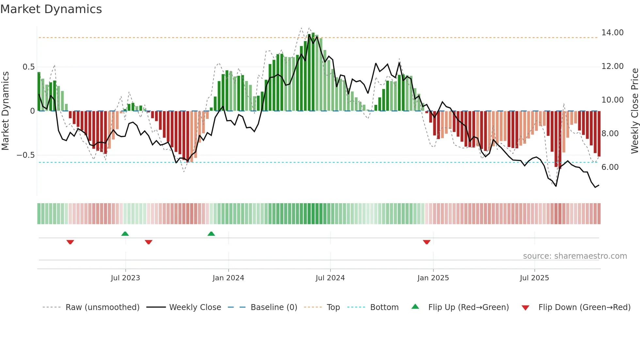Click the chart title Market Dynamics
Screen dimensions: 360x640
[x=51, y=9]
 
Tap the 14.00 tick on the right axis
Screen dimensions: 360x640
[x=612, y=33]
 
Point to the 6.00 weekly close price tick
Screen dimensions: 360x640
[x=610, y=167]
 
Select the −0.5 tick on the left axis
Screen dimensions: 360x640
[x=26, y=155]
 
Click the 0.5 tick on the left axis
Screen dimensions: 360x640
[x=28, y=67]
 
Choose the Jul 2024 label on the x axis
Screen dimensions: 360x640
[x=330, y=278]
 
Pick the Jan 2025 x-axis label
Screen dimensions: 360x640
[x=433, y=278]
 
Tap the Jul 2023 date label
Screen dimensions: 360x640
[x=125, y=278]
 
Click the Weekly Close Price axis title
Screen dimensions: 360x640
[x=634, y=111]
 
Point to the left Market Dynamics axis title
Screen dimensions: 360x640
[x=5, y=111]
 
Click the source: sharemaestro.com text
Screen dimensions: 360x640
[x=575, y=256]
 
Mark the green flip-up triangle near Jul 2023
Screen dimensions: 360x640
[x=125, y=234]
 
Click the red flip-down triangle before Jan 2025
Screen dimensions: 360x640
[x=426, y=242]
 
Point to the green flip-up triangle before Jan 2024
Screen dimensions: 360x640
[x=211, y=234]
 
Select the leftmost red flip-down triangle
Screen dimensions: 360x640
[x=70, y=242]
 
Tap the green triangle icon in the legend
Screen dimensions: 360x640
[x=415, y=306]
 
